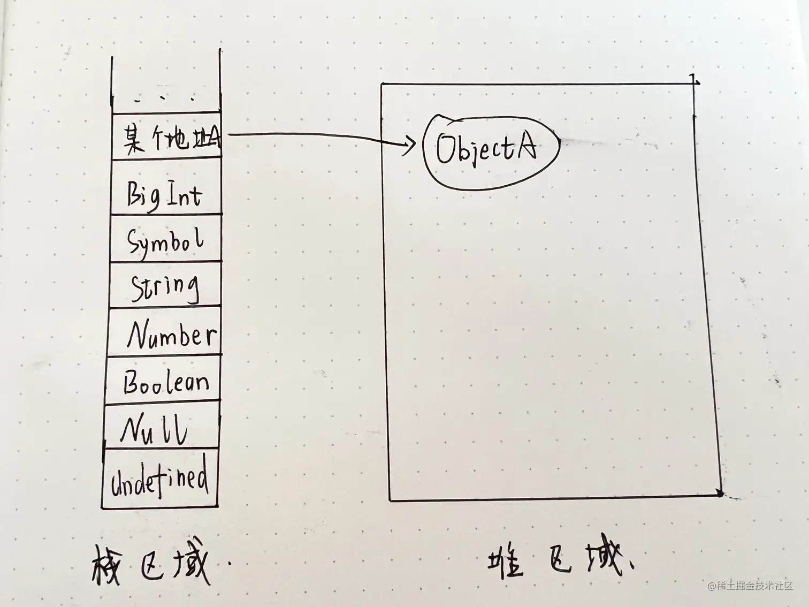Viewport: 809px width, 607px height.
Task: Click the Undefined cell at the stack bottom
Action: click(x=159, y=478)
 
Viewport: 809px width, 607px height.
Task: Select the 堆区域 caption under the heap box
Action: click(x=556, y=562)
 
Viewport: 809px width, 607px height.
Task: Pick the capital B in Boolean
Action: click(x=132, y=382)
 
